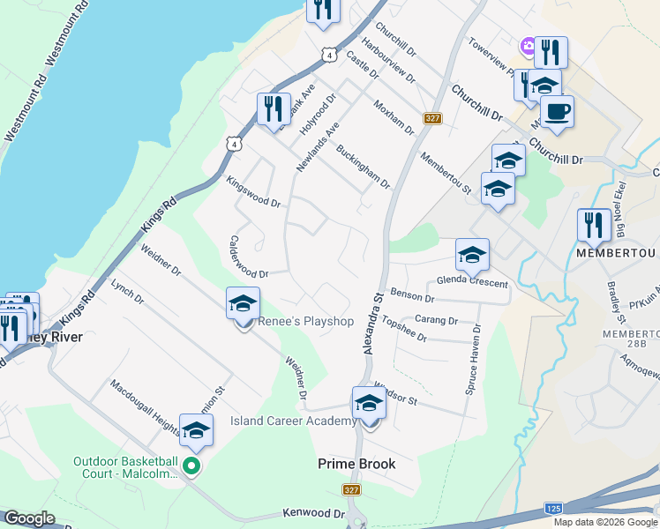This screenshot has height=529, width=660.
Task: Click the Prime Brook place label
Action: pyautogui.click(x=356, y=464)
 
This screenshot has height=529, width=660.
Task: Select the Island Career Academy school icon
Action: pyautogui.click(x=369, y=405)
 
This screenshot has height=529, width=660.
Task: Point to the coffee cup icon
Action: pyautogui.click(x=557, y=112)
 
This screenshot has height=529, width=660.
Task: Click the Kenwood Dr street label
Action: pyautogui.click(x=313, y=513)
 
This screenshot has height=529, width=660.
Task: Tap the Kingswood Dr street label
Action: pyautogui.click(x=253, y=192)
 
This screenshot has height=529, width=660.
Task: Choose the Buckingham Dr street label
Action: pyautogui.click(x=363, y=166)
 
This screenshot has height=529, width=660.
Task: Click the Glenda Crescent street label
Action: pyautogui.click(x=473, y=282)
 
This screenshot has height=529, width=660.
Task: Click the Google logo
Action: pyautogui.click(x=29, y=518)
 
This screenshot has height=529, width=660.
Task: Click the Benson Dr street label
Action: pyautogui.click(x=412, y=297)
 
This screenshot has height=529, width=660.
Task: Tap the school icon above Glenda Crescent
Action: pyautogui.click(x=472, y=256)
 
